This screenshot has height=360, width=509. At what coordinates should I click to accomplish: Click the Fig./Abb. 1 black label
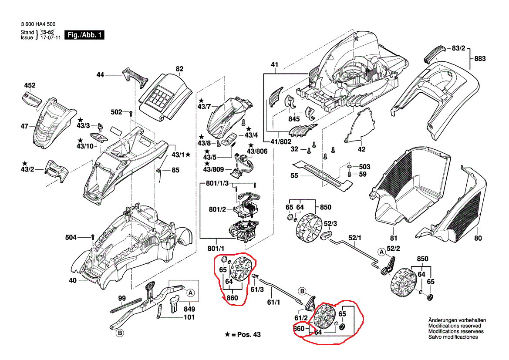point(84,35)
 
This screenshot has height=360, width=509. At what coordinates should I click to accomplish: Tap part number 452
point(29,85)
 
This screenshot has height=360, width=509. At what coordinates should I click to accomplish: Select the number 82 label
point(179,69)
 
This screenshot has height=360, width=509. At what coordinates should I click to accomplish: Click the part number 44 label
point(100,75)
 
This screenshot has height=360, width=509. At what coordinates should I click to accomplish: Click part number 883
point(479,59)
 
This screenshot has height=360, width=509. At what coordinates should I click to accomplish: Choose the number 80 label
point(478,238)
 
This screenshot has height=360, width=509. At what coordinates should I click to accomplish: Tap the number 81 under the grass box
point(394,238)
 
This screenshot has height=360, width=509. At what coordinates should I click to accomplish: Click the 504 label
point(71,237)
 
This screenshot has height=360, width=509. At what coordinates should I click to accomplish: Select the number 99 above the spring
point(122,298)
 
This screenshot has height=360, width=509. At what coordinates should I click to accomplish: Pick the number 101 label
point(189,317)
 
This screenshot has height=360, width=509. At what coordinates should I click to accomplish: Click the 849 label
point(189,309)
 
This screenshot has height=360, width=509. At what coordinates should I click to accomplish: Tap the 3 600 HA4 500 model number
point(38,24)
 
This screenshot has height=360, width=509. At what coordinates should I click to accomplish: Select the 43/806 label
point(257,151)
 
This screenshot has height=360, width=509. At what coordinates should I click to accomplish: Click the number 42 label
point(361,149)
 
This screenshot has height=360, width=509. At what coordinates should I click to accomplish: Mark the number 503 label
point(364,167)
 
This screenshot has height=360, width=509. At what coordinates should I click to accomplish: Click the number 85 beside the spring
point(175,170)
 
